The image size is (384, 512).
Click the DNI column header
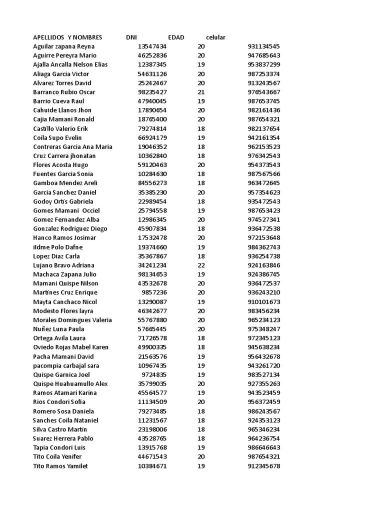click(x=131, y=37)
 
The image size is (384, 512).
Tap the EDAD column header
click(x=176, y=37)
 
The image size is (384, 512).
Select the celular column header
click(x=215, y=37)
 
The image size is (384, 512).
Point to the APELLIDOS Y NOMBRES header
click(x=67, y=37)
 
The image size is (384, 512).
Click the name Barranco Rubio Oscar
click(x=64, y=92)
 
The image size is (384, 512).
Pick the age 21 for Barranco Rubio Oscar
click(x=201, y=92)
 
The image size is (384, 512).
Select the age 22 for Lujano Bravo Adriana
click(x=201, y=265)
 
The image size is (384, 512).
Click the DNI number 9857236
click(x=154, y=292)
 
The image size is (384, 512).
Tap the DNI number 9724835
click(x=154, y=374)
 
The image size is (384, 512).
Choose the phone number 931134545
click(x=263, y=46)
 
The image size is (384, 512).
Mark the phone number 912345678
click(x=263, y=466)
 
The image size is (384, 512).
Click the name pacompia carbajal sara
click(x=66, y=365)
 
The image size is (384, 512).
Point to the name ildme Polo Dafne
click(x=57, y=247)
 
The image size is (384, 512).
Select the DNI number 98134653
click(x=152, y=274)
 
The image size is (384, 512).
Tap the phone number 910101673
click(x=263, y=302)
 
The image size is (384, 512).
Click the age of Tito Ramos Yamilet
click(x=201, y=466)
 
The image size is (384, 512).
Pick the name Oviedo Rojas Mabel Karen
click(x=70, y=347)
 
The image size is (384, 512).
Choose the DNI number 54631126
click(x=152, y=74)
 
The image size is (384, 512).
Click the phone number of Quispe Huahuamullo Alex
click(x=263, y=384)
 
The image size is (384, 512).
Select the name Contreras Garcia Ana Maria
click(x=72, y=146)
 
